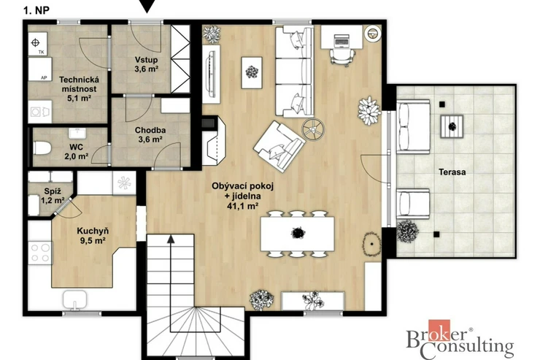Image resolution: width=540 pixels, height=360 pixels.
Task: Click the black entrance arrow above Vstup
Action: [x=147, y=6]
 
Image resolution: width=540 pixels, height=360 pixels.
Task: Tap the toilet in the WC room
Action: [x=42, y=148]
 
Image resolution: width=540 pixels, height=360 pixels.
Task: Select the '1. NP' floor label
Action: [x=36, y=10]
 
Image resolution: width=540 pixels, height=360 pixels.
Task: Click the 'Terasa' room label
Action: [x=452, y=172]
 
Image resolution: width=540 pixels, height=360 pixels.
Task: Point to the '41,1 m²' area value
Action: [x=242, y=206]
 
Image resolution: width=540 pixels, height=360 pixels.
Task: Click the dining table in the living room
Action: [x=297, y=234]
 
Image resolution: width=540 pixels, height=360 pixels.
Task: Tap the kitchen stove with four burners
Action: [x=40, y=253]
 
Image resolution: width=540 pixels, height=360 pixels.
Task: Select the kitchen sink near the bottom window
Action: [x=74, y=299]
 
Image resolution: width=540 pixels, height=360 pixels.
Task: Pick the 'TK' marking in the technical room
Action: [x=42, y=53]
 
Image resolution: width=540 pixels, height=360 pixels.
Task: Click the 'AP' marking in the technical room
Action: [x=44, y=78]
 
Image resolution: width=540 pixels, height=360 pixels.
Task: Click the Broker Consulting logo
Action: [x=460, y=339]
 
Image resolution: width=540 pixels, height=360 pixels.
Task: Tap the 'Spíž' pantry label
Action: [x=53, y=191]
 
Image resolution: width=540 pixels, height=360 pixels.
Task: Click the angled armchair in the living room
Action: [x=279, y=146]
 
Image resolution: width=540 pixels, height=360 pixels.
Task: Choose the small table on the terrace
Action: [x=452, y=127]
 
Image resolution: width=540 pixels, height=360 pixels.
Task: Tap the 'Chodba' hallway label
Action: [x=150, y=130]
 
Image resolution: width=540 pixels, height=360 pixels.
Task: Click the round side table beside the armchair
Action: [x=313, y=129]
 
